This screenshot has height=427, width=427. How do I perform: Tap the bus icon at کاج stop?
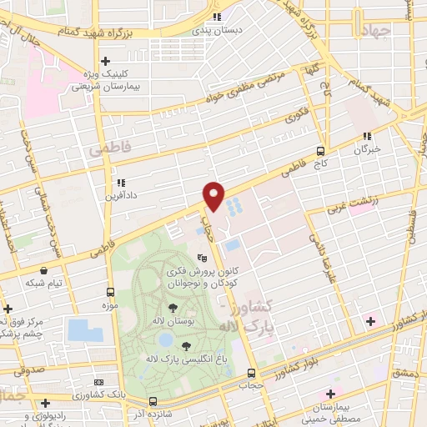tap(321, 151)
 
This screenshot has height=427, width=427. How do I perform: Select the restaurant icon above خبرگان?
tap(367, 136)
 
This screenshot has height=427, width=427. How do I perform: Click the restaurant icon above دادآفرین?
tap(121, 183)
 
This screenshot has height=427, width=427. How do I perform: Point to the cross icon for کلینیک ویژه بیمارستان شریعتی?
tap(105, 61)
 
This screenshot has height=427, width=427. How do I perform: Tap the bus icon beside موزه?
tap(111, 292)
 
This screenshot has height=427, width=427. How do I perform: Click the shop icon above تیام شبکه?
tap(43, 271)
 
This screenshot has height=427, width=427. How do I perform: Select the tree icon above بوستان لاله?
tap(173, 309)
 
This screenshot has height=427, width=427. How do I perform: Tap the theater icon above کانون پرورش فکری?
tap(201, 259)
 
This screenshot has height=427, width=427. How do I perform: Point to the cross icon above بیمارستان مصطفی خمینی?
tap(332, 393)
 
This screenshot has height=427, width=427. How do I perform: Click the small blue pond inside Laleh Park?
tap(165, 340)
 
